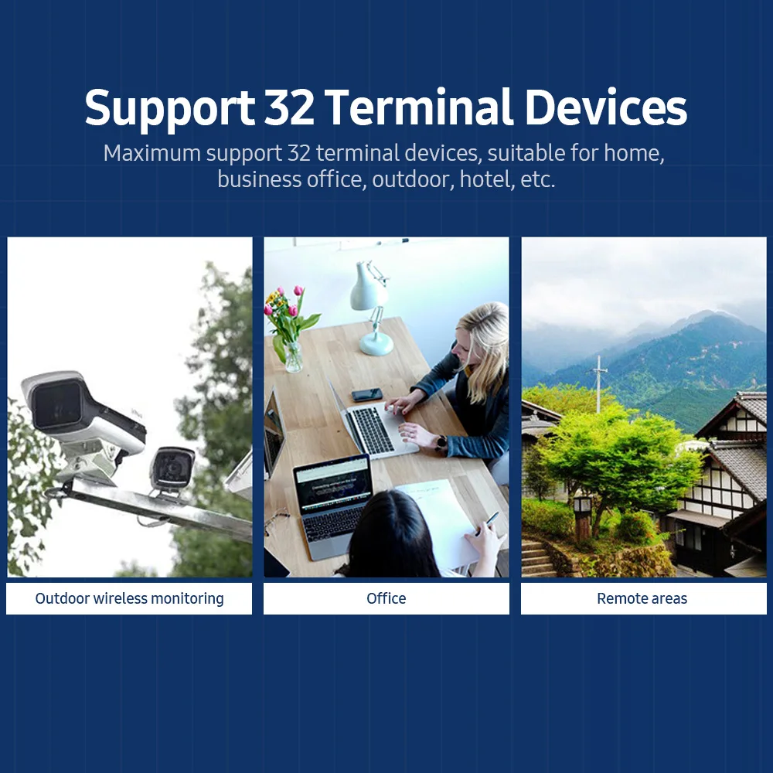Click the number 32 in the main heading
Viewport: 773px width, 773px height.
(x=289, y=107)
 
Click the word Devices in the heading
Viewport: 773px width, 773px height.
(x=606, y=107)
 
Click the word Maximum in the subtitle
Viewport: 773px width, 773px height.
(x=152, y=153)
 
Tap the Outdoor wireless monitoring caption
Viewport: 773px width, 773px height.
(x=129, y=598)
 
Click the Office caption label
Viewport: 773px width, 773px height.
(x=386, y=598)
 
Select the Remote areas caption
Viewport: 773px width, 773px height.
(x=642, y=598)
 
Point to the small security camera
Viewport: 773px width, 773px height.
(x=172, y=470)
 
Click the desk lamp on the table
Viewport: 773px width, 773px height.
(x=372, y=308)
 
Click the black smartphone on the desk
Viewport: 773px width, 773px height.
(x=366, y=394)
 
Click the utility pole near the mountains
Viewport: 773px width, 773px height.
(x=599, y=383)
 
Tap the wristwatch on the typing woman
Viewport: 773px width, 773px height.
(x=441, y=443)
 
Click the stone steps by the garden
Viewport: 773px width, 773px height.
(x=536, y=558)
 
